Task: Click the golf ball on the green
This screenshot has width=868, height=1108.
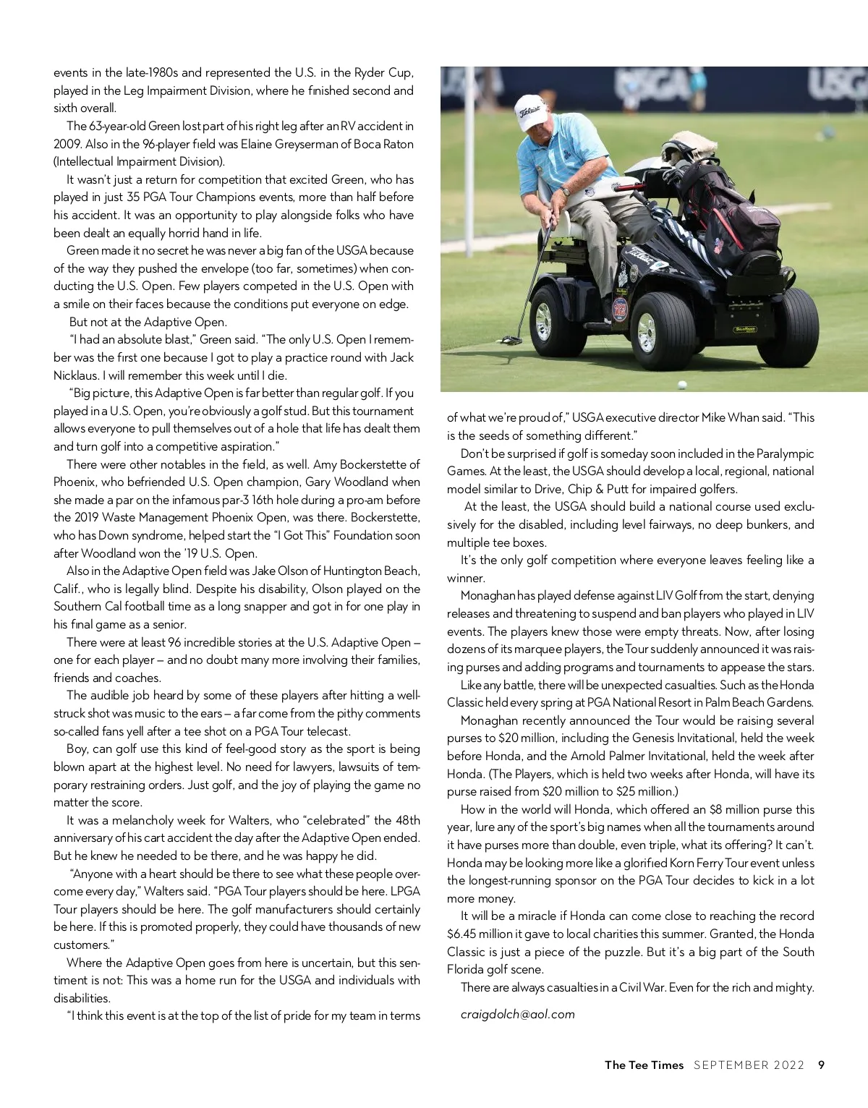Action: pos(681,384)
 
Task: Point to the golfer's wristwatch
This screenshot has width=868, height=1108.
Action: pos(566,192)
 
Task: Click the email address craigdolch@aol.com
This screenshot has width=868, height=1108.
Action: pos(517,1014)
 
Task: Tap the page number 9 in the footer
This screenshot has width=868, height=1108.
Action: pos(821,1065)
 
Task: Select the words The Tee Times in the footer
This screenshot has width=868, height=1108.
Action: pos(644,1065)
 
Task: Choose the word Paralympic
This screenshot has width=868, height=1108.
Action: pos(785,453)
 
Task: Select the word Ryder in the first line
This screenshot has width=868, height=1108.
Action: pos(368,72)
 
